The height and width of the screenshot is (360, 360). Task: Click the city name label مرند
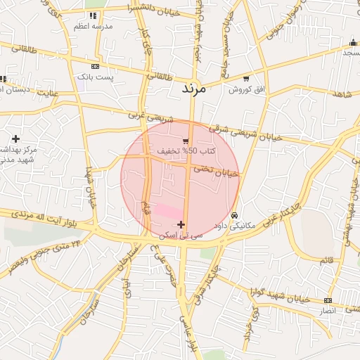pyautogui.click(x=192, y=89)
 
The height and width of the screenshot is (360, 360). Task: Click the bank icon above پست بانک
pyautogui.click(x=95, y=65)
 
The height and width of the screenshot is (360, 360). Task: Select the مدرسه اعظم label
pyautogui.click(x=94, y=25)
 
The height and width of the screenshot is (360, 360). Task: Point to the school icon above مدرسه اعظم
pyautogui.click(x=94, y=15)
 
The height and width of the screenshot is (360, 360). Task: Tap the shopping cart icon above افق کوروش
pyautogui.click(x=245, y=79)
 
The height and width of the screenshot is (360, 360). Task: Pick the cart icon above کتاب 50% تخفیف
pyautogui.click(x=186, y=141)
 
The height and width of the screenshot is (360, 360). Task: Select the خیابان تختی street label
pyautogui.click(x=218, y=172)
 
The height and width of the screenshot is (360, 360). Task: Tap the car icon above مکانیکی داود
pyautogui.click(x=234, y=215)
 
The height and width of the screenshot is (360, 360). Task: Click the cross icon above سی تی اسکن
pyautogui.click(x=181, y=225)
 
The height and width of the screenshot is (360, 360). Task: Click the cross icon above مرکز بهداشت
pyautogui.click(x=15, y=139)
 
